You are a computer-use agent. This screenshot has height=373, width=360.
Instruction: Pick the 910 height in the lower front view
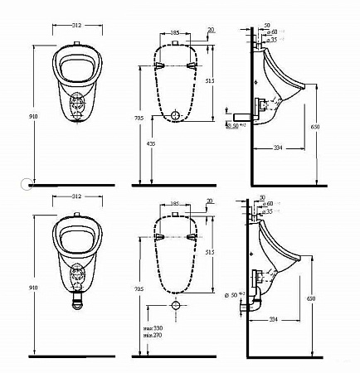point(31,288)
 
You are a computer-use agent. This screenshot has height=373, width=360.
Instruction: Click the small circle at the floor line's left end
point(27,183)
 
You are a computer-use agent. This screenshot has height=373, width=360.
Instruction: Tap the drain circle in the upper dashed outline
point(176,114)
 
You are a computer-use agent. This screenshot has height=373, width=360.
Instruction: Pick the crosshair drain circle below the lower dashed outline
point(176,306)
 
